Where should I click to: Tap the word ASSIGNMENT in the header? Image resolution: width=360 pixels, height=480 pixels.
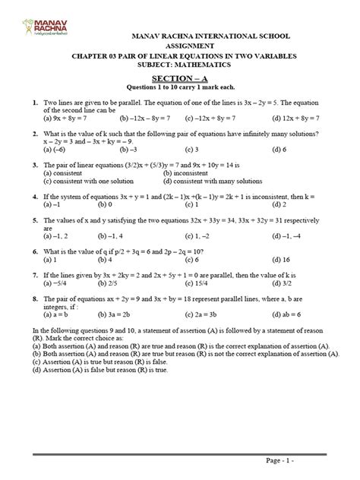point(179,45)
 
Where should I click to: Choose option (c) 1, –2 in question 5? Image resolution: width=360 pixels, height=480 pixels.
point(220,235)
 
